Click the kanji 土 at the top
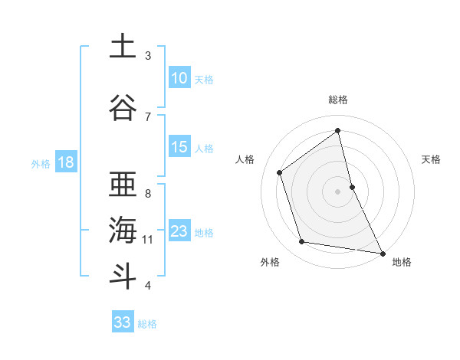[x=122, y=46]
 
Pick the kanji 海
[x=122, y=229]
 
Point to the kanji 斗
[x=122, y=275]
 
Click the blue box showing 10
[x=179, y=78]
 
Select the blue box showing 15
[x=179, y=147]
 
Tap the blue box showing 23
[x=179, y=231]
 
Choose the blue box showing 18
[x=65, y=162]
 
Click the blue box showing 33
[x=123, y=322]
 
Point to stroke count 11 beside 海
[x=148, y=240]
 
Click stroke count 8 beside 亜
[x=148, y=193]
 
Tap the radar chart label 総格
[x=338, y=100]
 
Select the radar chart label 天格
[x=432, y=159]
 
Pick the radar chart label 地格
[x=402, y=262]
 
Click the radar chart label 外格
[x=270, y=262]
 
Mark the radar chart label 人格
[x=245, y=159]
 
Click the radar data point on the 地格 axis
[x=382, y=252]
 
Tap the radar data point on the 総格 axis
[x=338, y=130]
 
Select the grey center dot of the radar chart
[x=338, y=191]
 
